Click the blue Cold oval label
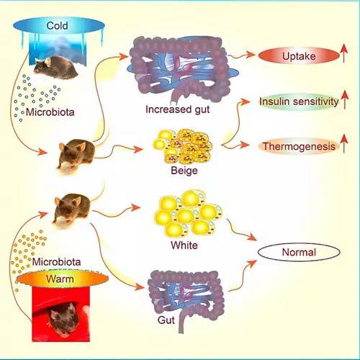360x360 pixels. click(59, 25)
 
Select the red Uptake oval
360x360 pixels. click(299, 56)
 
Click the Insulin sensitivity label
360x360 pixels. click(299, 102)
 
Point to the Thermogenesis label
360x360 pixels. click(299, 146)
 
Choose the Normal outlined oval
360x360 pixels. click(299, 252)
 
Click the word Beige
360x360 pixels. click(184, 171)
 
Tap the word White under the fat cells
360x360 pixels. click(184, 246)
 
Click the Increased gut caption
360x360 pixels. click(178, 109)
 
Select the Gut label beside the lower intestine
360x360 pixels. click(166, 320)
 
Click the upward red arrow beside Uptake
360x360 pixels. click(344, 53)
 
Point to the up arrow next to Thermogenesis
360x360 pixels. click(344, 143)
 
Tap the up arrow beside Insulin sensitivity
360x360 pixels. click(344, 99)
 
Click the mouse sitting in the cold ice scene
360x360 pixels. click(55, 68)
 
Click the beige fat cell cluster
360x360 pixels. click(182, 146)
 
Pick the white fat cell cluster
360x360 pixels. click(188, 213)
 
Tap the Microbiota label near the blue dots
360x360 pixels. click(50, 112)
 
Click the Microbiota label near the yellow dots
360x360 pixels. click(56, 262)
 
